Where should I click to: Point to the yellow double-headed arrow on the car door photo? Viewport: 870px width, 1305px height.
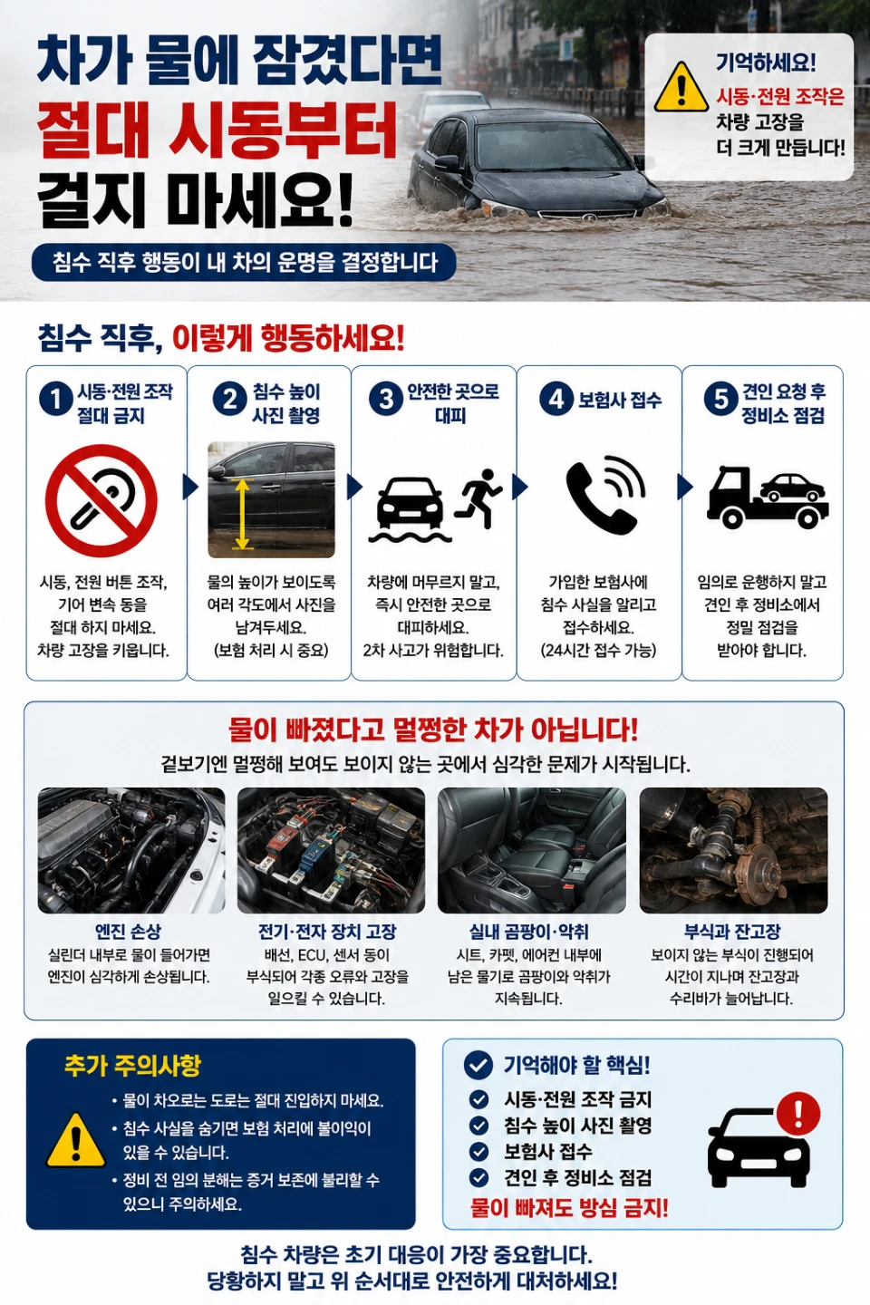click(x=242, y=514)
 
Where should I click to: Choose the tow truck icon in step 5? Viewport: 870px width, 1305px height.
click(x=768, y=498)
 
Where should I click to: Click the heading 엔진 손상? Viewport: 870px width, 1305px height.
click(x=128, y=932)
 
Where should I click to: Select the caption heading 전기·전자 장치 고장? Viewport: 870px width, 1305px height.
click(x=327, y=932)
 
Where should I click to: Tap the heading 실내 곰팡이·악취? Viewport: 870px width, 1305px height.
click(x=529, y=932)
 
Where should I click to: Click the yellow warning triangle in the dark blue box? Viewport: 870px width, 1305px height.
click(x=75, y=1140)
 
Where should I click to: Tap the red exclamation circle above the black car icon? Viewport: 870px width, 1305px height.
click(x=798, y=1113)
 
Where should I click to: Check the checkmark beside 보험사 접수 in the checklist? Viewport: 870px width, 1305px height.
click(x=479, y=1151)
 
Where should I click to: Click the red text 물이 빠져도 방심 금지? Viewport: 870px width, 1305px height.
click(x=569, y=1208)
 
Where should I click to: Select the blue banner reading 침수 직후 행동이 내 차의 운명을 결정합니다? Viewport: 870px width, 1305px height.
click(x=244, y=263)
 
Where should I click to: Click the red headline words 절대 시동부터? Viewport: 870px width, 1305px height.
click(x=217, y=131)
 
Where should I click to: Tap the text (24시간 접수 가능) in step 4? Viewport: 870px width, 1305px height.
click(x=598, y=650)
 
